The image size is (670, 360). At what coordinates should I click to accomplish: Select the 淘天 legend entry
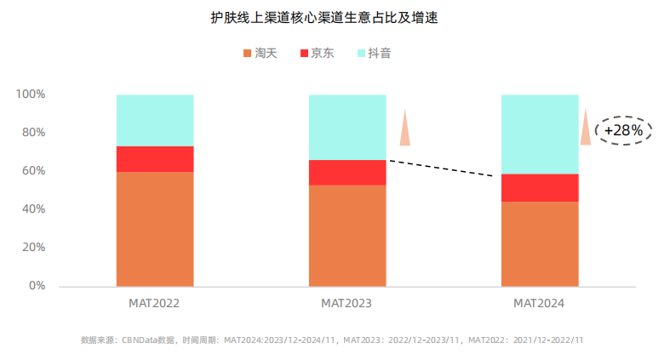[x=261, y=53]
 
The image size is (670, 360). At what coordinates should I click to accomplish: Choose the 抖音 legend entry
[x=373, y=53]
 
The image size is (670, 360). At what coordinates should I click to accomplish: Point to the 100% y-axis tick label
[x=31, y=94]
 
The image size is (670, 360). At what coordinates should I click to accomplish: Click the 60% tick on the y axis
[x=33, y=170]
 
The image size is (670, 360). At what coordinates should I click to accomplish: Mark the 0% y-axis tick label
[x=37, y=286]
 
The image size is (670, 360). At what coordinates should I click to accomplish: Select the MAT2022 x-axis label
[x=154, y=303]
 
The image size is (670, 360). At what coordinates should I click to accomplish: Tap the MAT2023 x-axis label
[x=346, y=303]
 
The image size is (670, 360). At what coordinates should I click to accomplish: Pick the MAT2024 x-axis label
[x=539, y=303]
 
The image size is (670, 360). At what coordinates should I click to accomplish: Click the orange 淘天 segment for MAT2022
[x=155, y=229]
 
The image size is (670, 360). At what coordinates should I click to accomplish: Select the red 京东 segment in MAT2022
[x=155, y=159]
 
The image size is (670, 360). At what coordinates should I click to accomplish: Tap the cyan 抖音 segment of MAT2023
[x=346, y=127]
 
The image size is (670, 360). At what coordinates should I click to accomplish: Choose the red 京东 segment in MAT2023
[x=346, y=172]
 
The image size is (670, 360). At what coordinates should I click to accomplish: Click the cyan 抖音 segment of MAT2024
[x=540, y=134]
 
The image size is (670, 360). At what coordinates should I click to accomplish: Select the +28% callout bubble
[x=623, y=130]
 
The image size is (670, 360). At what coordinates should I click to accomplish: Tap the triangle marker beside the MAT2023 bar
[x=405, y=129]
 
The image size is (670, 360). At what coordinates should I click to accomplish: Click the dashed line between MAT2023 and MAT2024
[x=441, y=169]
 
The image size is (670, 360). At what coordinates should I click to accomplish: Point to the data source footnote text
[x=332, y=340]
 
